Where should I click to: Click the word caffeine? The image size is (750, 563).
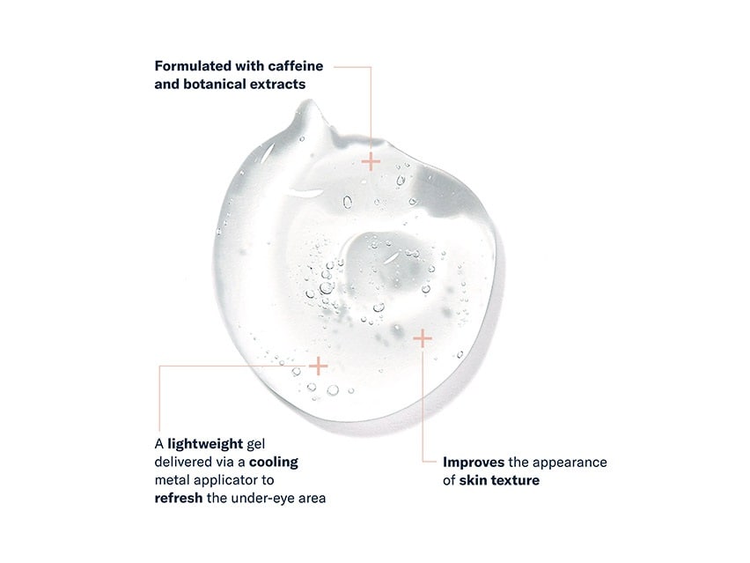pos(296,65)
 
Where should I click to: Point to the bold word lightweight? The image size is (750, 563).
pos(205,444)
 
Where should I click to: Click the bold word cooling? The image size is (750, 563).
pos(274,463)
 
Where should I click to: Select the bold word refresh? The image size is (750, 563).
pos(179,498)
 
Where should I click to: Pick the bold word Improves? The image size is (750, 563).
pos(474,463)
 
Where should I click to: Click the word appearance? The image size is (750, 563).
pos(570,463)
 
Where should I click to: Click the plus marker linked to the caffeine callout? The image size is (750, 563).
pos(371,162)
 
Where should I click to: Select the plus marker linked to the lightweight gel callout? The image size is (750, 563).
pos(318,367)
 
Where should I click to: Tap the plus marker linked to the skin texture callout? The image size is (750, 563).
pos(423,339)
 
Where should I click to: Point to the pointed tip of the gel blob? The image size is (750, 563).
pos(310,101)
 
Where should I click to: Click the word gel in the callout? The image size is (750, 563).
pos(255,445)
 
